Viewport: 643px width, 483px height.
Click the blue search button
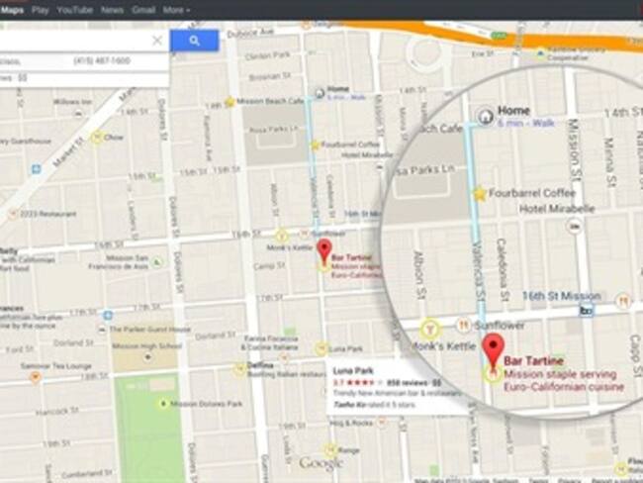[x=194, y=41]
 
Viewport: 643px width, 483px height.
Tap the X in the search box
[x=157, y=41]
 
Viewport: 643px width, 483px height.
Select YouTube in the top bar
[x=75, y=9]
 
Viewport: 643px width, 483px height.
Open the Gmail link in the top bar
[x=143, y=9]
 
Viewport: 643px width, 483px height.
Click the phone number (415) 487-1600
[x=102, y=61]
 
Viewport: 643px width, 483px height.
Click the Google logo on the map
[x=321, y=462]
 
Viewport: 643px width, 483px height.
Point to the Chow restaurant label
[x=113, y=138]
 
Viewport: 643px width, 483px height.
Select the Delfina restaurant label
[x=260, y=364]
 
